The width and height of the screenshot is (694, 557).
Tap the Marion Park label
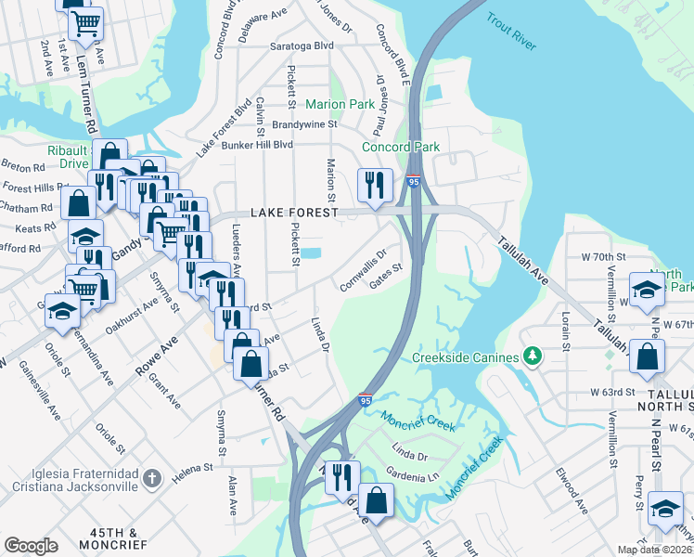[x=340, y=105]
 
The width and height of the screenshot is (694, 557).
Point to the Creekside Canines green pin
[x=533, y=356]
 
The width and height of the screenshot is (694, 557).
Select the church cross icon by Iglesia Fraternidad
[x=153, y=478]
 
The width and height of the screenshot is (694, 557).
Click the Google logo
[x=31, y=546]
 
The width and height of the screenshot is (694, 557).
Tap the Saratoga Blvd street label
[x=302, y=45]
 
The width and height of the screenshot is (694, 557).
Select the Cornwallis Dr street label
[x=363, y=270]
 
